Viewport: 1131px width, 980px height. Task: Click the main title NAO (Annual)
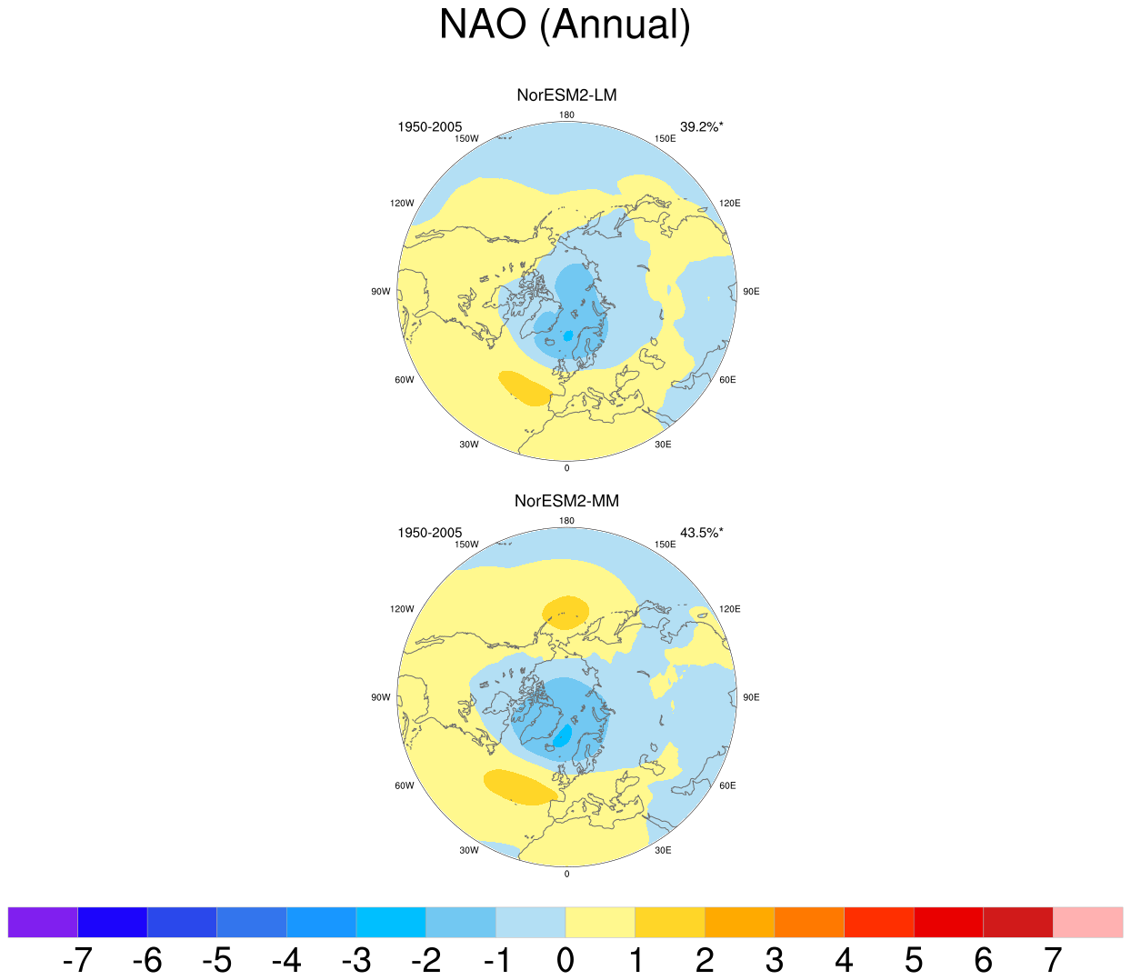click(x=565, y=24)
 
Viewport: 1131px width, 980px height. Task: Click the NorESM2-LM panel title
click(x=566, y=95)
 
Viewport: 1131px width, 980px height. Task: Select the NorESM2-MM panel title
click(x=566, y=501)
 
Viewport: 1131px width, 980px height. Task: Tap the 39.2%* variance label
click(x=702, y=127)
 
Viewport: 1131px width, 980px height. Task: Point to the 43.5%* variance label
click(x=702, y=533)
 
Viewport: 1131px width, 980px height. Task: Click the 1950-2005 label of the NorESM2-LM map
click(x=429, y=127)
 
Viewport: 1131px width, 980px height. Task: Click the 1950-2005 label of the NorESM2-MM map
click(x=429, y=533)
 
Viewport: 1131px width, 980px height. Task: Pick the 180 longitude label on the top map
click(x=566, y=115)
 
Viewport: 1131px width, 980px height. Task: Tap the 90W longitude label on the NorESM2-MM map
click(x=381, y=697)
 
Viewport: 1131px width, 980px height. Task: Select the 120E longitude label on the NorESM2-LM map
click(x=729, y=203)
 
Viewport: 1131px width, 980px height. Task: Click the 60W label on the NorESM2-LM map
click(x=405, y=380)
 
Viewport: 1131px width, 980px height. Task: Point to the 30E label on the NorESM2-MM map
click(x=663, y=850)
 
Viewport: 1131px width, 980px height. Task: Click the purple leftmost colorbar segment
click(x=43, y=922)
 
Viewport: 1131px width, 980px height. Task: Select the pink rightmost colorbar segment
click(x=1087, y=922)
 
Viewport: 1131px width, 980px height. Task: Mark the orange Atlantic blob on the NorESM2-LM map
click(x=525, y=388)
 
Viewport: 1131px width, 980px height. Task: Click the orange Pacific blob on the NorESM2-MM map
click(x=565, y=613)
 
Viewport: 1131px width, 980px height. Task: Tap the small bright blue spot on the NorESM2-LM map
click(x=568, y=335)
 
